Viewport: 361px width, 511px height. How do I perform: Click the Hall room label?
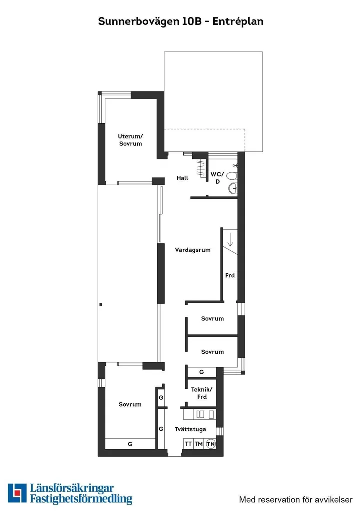click(182, 178)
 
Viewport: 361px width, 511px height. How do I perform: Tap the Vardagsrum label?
click(193, 250)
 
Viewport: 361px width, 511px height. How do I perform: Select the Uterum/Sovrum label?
click(130, 140)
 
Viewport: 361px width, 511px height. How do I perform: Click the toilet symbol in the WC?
click(232, 176)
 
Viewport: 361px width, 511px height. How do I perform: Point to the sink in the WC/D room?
click(233, 188)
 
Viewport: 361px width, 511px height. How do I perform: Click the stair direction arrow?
click(230, 239)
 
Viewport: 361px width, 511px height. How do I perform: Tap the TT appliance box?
click(188, 444)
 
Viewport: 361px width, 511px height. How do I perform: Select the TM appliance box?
click(199, 444)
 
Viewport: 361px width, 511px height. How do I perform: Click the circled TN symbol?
click(211, 444)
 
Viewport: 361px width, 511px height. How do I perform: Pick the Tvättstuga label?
click(190, 429)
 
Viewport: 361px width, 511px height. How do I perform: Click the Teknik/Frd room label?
click(202, 393)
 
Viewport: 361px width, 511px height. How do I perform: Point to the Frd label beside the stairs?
click(230, 275)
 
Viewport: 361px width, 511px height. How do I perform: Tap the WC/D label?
click(217, 178)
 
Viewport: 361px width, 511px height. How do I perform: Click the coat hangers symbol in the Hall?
click(201, 168)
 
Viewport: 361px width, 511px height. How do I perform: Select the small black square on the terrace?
click(101, 305)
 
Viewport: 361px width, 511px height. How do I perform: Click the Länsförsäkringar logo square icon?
click(17, 493)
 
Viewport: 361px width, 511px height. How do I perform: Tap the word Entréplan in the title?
click(238, 22)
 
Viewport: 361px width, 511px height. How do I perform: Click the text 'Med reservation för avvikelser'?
click(296, 499)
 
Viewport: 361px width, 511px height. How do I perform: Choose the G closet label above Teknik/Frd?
click(202, 372)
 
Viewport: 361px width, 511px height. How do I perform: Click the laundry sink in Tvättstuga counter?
click(200, 414)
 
